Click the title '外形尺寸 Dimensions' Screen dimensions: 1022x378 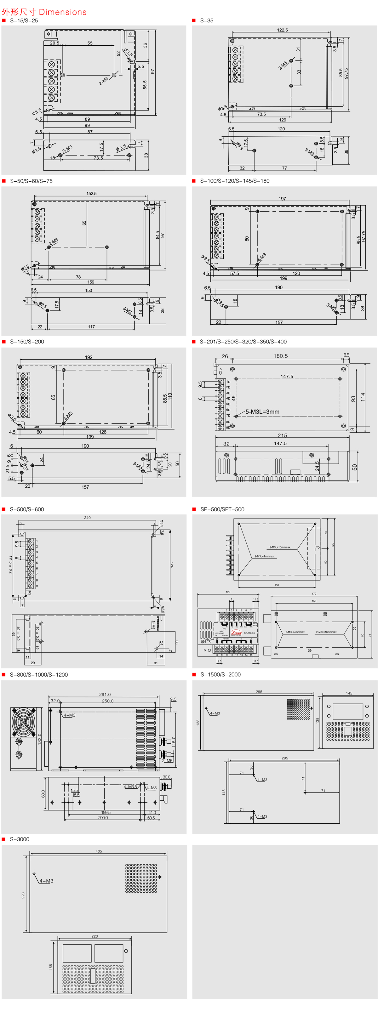pos(44,12)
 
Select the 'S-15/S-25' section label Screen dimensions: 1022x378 pos(24,21)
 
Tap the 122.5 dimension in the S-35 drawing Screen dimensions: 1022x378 pos(282,30)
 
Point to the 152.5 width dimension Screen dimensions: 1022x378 pos(91,194)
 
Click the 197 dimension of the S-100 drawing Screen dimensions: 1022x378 pos(282,199)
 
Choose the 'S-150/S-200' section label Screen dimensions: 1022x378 pos(27,342)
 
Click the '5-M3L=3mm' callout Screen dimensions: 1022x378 pos(262,412)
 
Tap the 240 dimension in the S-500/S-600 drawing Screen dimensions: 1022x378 pos(87,518)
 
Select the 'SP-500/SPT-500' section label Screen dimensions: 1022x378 pos(222,509)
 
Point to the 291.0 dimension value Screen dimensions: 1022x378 pos(105,695)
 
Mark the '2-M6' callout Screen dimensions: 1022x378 pos(167,761)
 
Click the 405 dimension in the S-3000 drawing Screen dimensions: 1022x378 pos(99,851)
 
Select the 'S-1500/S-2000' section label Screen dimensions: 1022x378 pos(220,674)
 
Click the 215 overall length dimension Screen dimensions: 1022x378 pos(282,436)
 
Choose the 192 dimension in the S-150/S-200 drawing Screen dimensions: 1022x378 pos(89,357)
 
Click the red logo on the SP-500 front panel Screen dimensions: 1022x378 pos(236,632)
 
